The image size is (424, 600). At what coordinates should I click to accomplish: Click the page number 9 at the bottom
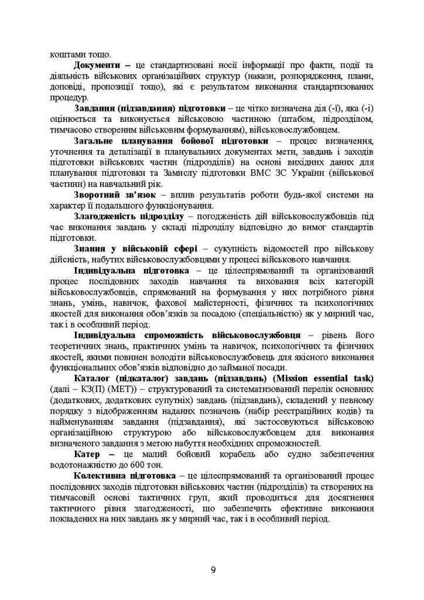212,569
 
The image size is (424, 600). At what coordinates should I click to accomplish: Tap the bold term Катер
88,454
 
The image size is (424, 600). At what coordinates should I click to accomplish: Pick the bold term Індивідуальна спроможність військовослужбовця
187,335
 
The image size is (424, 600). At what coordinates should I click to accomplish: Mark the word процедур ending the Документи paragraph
69,97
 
